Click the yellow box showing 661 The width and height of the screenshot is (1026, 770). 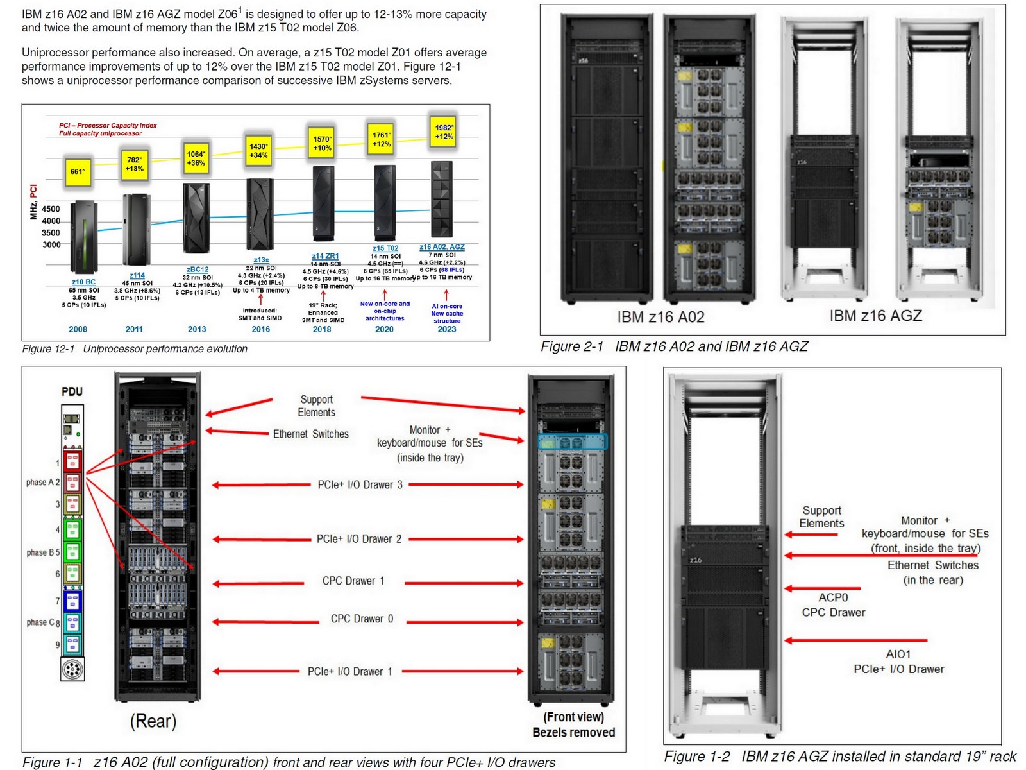pyautogui.click(x=78, y=172)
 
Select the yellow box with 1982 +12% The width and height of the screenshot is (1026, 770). pyautogui.click(x=444, y=132)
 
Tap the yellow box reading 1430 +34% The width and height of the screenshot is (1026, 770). pyautogui.click(x=258, y=151)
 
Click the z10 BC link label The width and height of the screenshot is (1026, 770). pyautogui.click(x=83, y=282)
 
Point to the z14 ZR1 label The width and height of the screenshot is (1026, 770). pyautogui.click(x=325, y=256)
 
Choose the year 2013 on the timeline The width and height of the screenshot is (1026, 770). pyautogui.click(x=197, y=329)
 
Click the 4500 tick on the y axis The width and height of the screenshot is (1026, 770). pyautogui.click(x=51, y=209)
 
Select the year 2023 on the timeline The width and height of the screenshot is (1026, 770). pyautogui.click(x=447, y=329)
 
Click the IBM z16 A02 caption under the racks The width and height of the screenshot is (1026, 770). pyautogui.click(x=660, y=317)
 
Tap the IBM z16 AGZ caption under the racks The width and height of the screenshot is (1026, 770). pyautogui.click(x=875, y=316)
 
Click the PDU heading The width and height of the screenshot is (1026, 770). pyautogui.click(x=72, y=391)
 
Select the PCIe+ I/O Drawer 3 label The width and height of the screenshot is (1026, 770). pyautogui.click(x=360, y=485)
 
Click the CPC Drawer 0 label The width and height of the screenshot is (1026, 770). pyautogui.click(x=362, y=619)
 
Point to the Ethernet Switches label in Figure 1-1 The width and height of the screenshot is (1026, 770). pyautogui.click(x=311, y=434)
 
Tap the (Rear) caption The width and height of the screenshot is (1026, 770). pyautogui.click(x=153, y=721)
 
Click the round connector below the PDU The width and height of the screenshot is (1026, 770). pyautogui.click(x=72, y=669)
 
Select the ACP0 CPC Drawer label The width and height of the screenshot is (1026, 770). pyautogui.click(x=833, y=605)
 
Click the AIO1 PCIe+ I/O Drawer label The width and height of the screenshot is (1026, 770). pyautogui.click(x=898, y=662)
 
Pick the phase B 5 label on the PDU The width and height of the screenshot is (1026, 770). pyautogui.click(x=43, y=552)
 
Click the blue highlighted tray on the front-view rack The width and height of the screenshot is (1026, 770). pyautogui.click(x=572, y=442)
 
